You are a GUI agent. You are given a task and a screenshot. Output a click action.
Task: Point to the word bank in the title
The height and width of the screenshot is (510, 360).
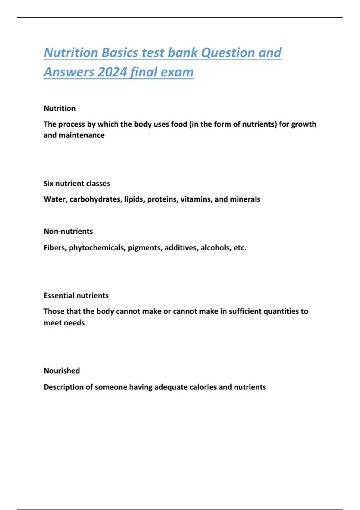[x=182, y=53]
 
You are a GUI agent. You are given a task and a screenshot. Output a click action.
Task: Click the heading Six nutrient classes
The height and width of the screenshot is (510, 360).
[x=77, y=184]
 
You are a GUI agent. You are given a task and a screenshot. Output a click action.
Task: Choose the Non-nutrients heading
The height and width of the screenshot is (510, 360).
[x=68, y=231]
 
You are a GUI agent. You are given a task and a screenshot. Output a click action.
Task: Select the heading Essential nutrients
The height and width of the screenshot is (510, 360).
[x=76, y=295]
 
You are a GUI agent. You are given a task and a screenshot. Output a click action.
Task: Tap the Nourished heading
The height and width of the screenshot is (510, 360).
[x=62, y=370]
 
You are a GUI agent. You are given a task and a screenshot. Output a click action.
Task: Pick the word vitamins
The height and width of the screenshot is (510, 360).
[x=196, y=199]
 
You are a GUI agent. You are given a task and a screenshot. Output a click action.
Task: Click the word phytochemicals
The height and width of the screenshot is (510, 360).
[x=97, y=248]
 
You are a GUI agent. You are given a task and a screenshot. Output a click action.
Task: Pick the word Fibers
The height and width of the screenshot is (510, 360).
[x=55, y=248]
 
